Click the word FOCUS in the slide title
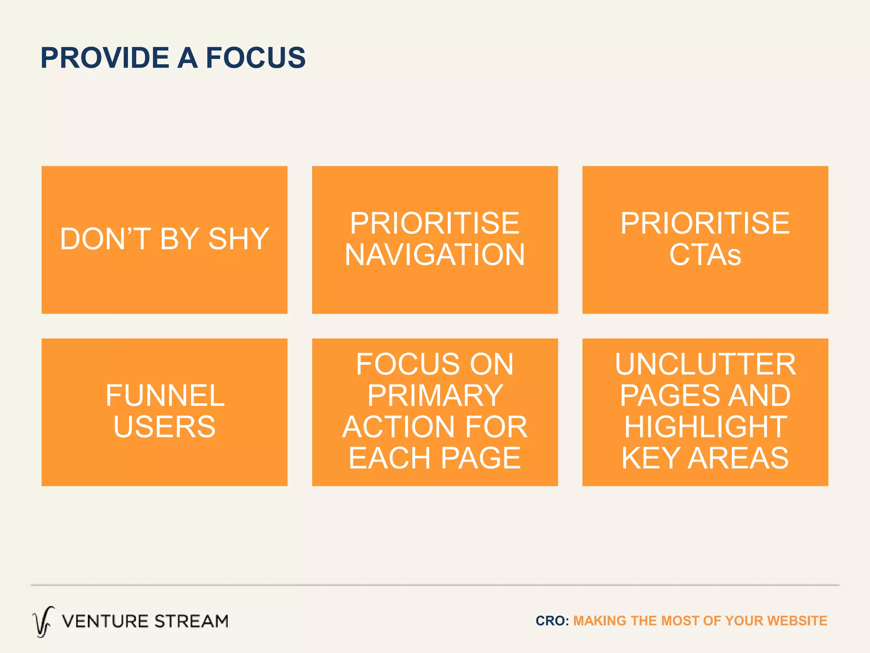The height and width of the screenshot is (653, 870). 255,58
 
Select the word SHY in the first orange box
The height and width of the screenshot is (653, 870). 238,239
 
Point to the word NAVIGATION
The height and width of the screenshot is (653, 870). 435,255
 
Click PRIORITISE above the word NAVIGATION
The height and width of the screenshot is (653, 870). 435,223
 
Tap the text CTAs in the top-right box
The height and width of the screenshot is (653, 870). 705,255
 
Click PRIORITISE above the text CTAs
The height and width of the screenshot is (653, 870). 705,223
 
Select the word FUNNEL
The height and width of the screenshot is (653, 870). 165,396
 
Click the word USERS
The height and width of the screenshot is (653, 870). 165,427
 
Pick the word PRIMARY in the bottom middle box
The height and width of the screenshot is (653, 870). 435,396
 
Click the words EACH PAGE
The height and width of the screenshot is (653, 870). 435,458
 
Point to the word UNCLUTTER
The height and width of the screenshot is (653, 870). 705,364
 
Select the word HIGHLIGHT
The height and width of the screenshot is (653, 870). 705,427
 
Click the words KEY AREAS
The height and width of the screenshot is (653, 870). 705,458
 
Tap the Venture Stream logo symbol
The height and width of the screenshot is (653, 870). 43,622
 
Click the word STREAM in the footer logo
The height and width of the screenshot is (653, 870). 191,622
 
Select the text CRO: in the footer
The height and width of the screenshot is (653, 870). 552,621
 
